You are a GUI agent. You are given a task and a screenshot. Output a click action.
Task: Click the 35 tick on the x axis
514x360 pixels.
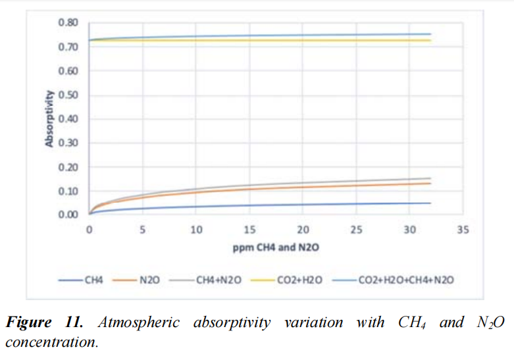tap(463, 230)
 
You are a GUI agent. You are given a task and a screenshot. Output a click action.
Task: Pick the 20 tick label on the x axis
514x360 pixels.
tap(303, 230)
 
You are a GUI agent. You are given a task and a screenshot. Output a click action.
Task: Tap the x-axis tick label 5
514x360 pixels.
tap(142, 230)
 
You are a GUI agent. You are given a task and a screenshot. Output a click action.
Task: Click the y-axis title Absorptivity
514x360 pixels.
tap(50, 119)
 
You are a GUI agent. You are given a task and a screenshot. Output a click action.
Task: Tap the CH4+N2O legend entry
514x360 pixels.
tap(218, 280)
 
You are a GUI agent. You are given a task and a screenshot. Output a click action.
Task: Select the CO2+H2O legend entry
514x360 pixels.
tap(302, 280)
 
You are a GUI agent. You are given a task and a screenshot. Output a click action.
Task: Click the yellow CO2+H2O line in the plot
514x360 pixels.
tap(263, 40)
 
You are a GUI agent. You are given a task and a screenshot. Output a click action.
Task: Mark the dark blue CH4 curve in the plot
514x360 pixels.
tap(263, 206)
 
